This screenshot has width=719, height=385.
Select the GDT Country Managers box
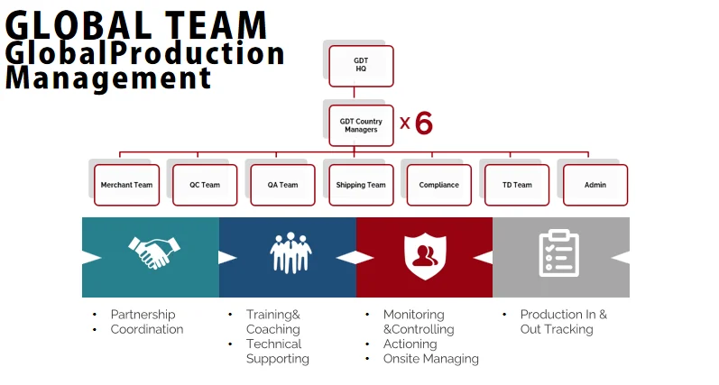[361, 125]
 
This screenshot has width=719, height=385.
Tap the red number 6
[423, 124]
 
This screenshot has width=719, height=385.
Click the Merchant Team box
[126, 185]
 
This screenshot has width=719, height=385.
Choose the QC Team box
[205, 185]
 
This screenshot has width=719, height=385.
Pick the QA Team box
[282, 185]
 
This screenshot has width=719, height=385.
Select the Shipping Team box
[361, 185]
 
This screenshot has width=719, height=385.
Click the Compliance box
[438, 185]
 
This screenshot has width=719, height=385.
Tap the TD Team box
[517, 185]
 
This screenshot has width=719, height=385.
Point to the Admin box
[595, 185]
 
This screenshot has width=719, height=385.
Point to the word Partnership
[143, 315]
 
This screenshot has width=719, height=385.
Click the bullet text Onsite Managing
[430, 359]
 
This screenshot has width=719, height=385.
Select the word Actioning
[410, 344]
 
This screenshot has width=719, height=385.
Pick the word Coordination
[146, 329]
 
